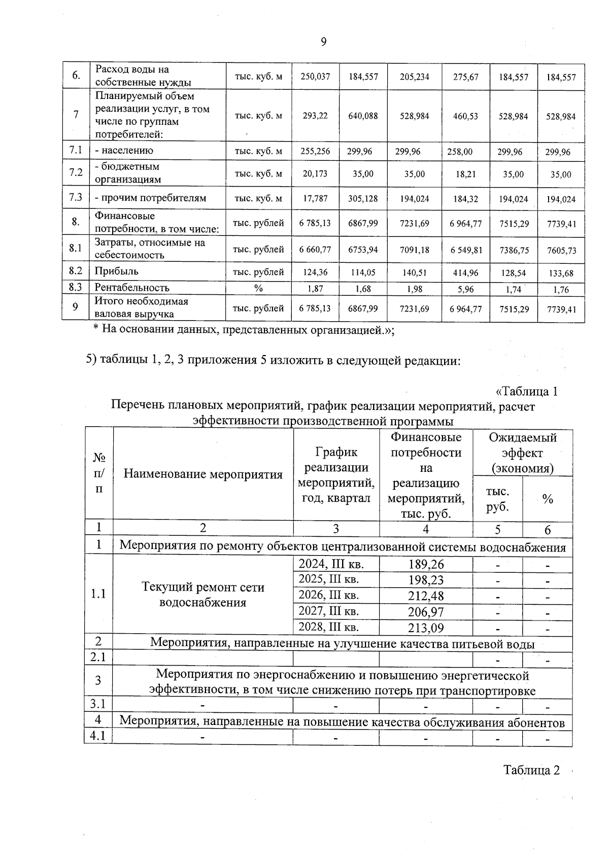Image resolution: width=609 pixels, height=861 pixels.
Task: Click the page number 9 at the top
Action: tap(323, 43)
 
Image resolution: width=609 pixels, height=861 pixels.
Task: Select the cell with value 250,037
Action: tap(315, 77)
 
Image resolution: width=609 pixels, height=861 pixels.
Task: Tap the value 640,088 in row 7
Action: tap(363, 116)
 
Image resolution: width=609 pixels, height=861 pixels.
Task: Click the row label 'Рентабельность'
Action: tap(132, 288)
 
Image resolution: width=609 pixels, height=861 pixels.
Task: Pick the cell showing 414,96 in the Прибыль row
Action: tap(465, 273)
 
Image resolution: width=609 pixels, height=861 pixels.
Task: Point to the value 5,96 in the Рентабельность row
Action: tap(465, 290)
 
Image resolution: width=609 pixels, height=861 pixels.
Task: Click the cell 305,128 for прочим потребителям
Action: tap(363, 199)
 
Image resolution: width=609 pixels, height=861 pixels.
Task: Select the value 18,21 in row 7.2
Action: tap(465, 174)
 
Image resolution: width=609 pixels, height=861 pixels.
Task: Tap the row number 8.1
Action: tap(76, 248)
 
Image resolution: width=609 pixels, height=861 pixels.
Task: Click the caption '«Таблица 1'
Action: tap(526, 392)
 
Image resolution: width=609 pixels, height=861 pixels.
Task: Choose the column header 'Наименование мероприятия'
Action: tap(203, 474)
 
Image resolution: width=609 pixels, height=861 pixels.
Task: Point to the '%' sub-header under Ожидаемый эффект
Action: tap(547, 499)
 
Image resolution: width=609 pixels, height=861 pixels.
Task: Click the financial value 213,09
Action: tap(426, 628)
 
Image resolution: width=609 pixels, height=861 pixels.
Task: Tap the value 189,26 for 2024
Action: tap(426, 564)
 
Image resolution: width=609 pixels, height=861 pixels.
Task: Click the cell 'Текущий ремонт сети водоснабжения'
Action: tap(203, 595)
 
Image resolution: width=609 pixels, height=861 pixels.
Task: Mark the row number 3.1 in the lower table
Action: tap(98, 704)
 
